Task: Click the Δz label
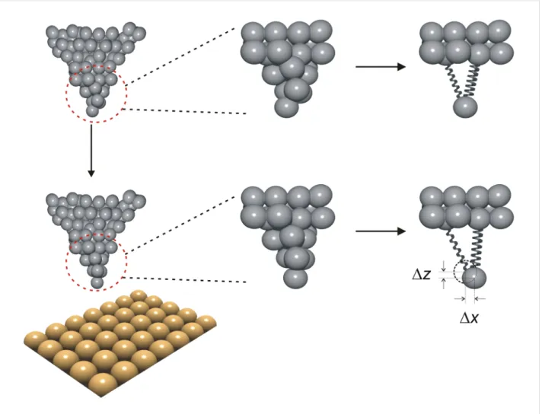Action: pyautogui.click(x=422, y=274)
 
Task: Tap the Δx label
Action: pyautogui.click(x=469, y=318)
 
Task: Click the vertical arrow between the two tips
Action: pyautogui.click(x=91, y=151)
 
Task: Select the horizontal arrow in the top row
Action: pyautogui.click(x=381, y=67)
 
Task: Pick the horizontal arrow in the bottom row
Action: pyautogui.click(x=381, y=231)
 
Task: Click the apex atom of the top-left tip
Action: pyautogui.click(x=92, y=110)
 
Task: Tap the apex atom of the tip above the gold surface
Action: pyautogui.click(x=97, y=282)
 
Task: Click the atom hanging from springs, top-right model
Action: pyautogui.click(x=465, y=107)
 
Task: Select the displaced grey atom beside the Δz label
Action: pyautogui.click(x=474, y=278)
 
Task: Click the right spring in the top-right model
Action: pyautogui.click(x=472, y=81)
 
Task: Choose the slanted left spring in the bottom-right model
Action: pyautogui.click(x=458, y=249)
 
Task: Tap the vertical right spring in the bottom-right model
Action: pyautogui.click(x=477, y=249)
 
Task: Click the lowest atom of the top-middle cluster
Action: pyautogui.click(x=286, y=107)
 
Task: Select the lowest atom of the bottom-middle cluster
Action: pyautogui.click(x=295, y=279)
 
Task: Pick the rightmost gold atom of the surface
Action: pyautogui.click(x=207, y=321)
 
